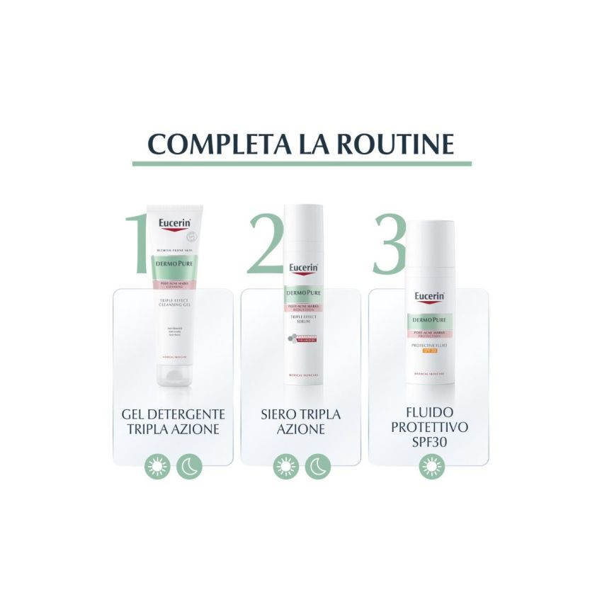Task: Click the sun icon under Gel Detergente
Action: pyautogui.click(x=155, y=467)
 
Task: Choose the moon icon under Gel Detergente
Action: pyautogui.click(x=189, y=467)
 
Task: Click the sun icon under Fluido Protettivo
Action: pyautogui.click(x=428, y=467)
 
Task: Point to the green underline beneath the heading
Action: pyautogui.click(x=302, y=164)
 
